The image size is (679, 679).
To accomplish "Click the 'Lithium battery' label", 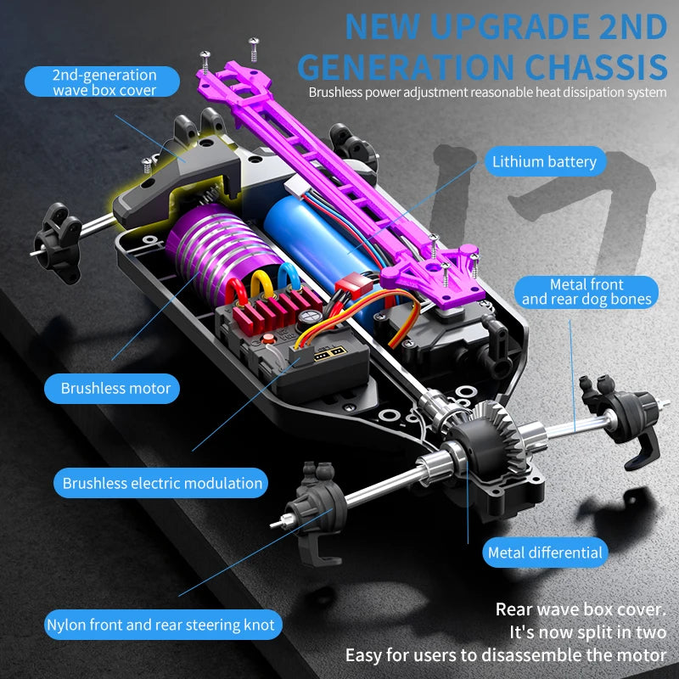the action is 545,161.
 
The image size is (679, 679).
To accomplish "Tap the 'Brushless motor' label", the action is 112,389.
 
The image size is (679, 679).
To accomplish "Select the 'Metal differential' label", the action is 545,553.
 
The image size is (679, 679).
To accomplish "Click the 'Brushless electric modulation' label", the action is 161,483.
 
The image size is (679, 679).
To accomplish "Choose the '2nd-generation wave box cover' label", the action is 102,81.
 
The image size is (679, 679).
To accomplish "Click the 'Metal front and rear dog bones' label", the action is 586,292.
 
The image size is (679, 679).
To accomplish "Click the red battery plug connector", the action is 354,286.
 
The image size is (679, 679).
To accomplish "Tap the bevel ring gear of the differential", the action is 502,437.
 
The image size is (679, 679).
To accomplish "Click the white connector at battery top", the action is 300,187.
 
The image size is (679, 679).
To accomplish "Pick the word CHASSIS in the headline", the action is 596,68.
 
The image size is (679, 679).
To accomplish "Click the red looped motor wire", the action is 236,292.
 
